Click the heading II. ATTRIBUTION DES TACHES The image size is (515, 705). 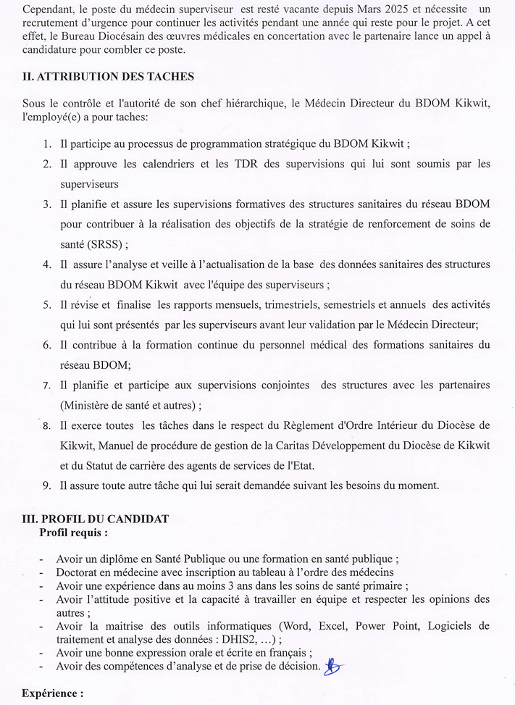point(108,76)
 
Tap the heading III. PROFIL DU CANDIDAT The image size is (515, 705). point(96,519)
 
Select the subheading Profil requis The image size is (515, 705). point(73,533)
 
